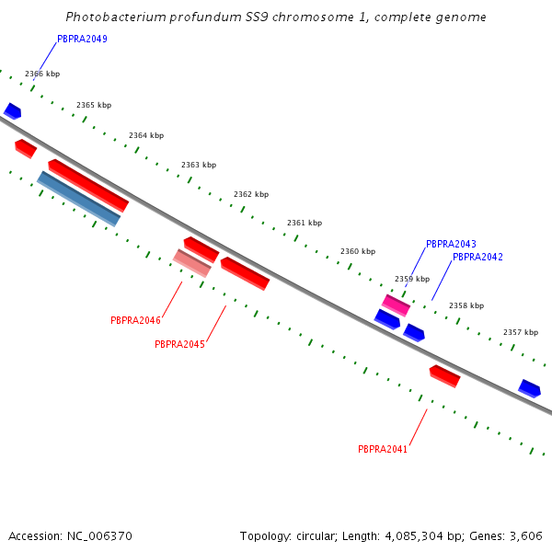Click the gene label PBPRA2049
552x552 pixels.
[82, 39]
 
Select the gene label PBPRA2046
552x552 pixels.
[135, 320]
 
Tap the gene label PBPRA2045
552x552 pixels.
[179, 344]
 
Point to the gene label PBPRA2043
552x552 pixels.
[451, 244]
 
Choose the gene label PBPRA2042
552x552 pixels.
[477, 257]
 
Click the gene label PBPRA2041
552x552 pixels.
[383, 449]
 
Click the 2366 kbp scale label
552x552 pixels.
[42, 74]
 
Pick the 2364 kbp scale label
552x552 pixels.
[146, 135]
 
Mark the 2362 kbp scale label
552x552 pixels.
[251, 194]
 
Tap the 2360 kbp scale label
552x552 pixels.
[358, 251]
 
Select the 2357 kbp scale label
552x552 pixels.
[521, 332]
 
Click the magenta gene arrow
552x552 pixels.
[396, 305]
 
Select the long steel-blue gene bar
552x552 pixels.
[78, 199]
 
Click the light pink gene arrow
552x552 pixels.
[192, 262]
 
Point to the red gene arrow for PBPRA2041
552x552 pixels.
[444, 375]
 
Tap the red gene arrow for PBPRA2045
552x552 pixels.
[245, 272]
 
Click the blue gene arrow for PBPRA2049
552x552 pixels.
[12, 111]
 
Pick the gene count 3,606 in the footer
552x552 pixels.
[525, 535]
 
